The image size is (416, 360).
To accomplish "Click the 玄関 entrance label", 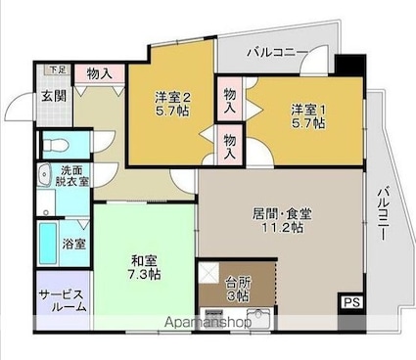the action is pos(54,96).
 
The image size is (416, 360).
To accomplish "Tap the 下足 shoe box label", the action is pos(58,69).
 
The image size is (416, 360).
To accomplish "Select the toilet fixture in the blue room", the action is pos(55,145).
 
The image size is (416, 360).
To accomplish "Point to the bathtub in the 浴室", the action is pos(48,244).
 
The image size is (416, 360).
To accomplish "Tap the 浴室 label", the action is pos(74,244).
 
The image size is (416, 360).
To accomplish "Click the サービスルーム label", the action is pos(63,300).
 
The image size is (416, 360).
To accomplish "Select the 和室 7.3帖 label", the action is pos(144,268).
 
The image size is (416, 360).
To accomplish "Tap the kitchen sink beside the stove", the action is pos(259,318).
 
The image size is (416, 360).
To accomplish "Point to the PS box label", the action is pos(351,302).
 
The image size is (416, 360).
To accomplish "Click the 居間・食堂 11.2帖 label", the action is pos(282,220).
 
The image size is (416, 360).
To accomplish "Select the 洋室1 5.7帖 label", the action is pos(308,116).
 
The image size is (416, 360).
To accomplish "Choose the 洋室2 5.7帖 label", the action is pos(172,104).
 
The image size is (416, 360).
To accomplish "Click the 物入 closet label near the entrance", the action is pos(100,73).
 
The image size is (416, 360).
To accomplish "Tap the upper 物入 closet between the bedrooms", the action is pos(230,101).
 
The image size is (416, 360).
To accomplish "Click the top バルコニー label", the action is pos(278,52).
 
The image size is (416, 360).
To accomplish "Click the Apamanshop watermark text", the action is pos(208,323).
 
